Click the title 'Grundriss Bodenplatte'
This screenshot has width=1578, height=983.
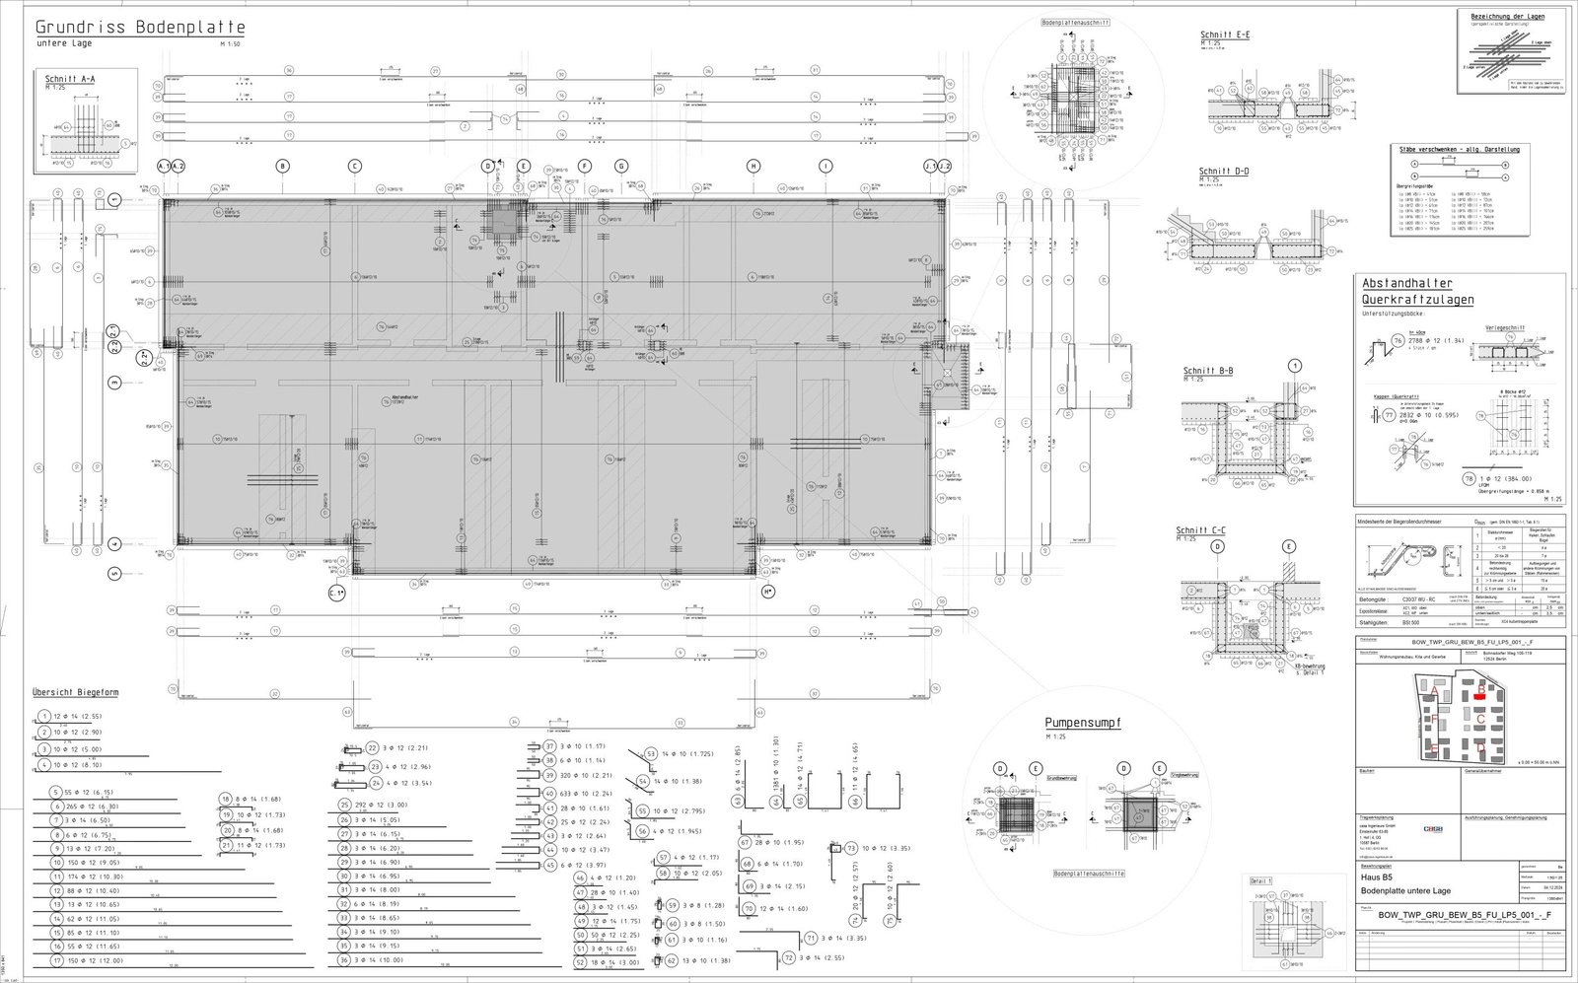coord(140,27)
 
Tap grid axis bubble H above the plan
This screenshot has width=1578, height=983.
coord(753,167)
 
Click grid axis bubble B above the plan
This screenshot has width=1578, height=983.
coord(283,167)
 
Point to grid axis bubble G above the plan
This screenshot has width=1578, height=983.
coord(621,167)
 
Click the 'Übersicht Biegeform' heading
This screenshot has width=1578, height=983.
coord(78,691)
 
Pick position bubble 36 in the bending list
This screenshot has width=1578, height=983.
coord(345,959)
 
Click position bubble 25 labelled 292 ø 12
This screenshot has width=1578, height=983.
coord(345,805)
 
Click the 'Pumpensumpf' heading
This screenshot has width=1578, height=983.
coord(1083,723)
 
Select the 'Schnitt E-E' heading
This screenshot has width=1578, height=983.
coord(1225,35)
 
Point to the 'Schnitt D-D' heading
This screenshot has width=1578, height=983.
coord(1224,172)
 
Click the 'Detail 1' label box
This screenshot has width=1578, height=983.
coord(1261,879)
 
